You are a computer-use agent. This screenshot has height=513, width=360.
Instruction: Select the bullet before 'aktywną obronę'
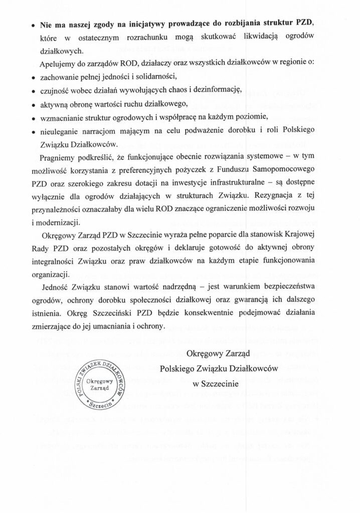[33, 105]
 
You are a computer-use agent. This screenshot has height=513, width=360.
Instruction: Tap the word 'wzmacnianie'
[61, 117]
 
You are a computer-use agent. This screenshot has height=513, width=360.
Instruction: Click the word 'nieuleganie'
[60, 130]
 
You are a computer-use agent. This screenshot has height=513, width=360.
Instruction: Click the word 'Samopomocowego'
[292, 171]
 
